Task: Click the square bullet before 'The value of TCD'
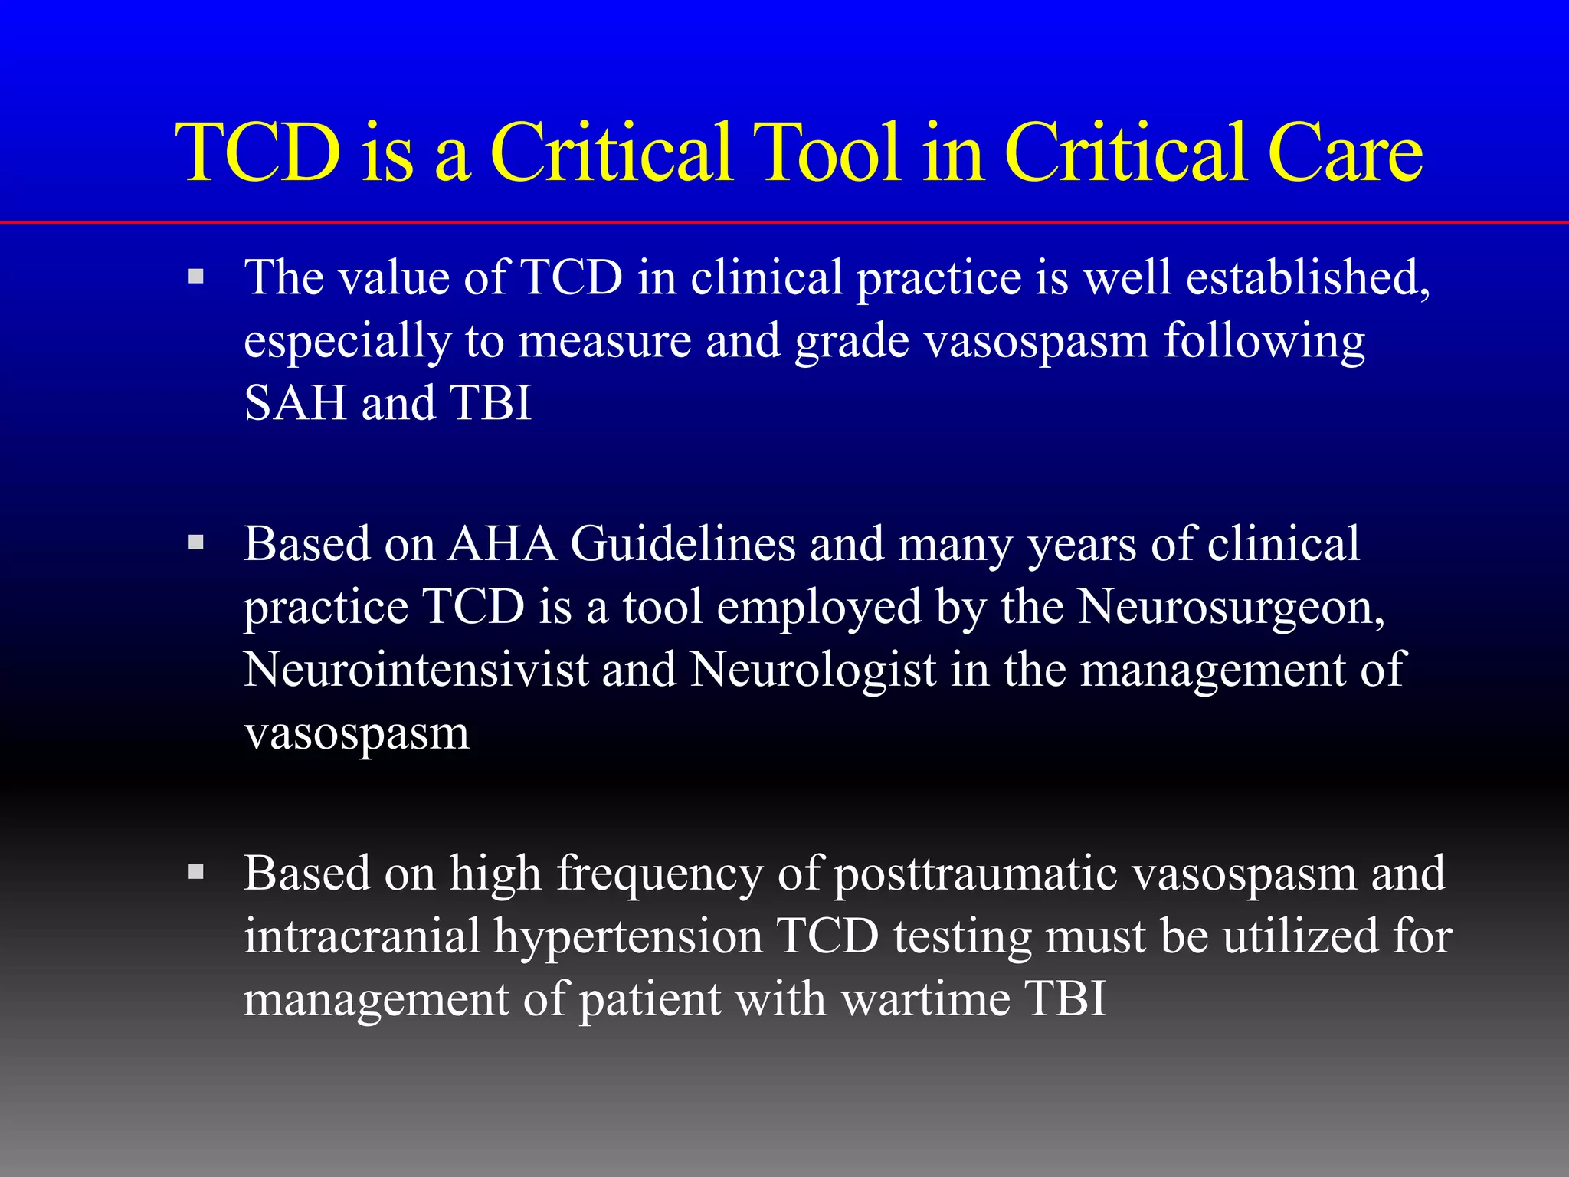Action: tap(196, 276)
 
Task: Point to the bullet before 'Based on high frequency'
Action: tap(196, 872)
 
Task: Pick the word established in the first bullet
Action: tap(1305, 277)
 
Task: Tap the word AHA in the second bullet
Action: tap(503, 544)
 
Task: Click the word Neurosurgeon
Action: tap(1230, 608)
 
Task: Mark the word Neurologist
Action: tap(813, 670)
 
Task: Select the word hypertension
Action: tap(627, 938)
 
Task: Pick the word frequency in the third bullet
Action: tap(659, 875)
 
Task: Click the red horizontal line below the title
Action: tap(784, 222)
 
